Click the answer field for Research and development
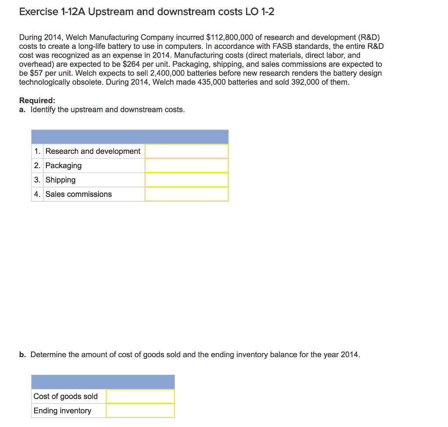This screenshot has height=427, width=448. (x=186, y=151)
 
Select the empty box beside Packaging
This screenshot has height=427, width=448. (x=186, y=165)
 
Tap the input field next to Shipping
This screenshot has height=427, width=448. (x=186, y=180)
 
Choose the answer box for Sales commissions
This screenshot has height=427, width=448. (x=186, y=194)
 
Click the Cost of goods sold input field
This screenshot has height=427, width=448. (x=140, y=396)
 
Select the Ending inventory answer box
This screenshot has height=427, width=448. (x=140, y=411)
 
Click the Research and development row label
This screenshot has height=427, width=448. (x=93, y=151)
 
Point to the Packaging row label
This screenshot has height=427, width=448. (x=63, y=165)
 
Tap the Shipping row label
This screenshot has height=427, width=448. (x=60, y=180)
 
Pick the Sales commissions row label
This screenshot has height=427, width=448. (x=78, y=194)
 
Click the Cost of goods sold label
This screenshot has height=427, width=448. (x=66, y=396)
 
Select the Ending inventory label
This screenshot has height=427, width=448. (x=63, y=411)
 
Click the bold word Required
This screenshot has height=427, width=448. (x=37, y=100)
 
